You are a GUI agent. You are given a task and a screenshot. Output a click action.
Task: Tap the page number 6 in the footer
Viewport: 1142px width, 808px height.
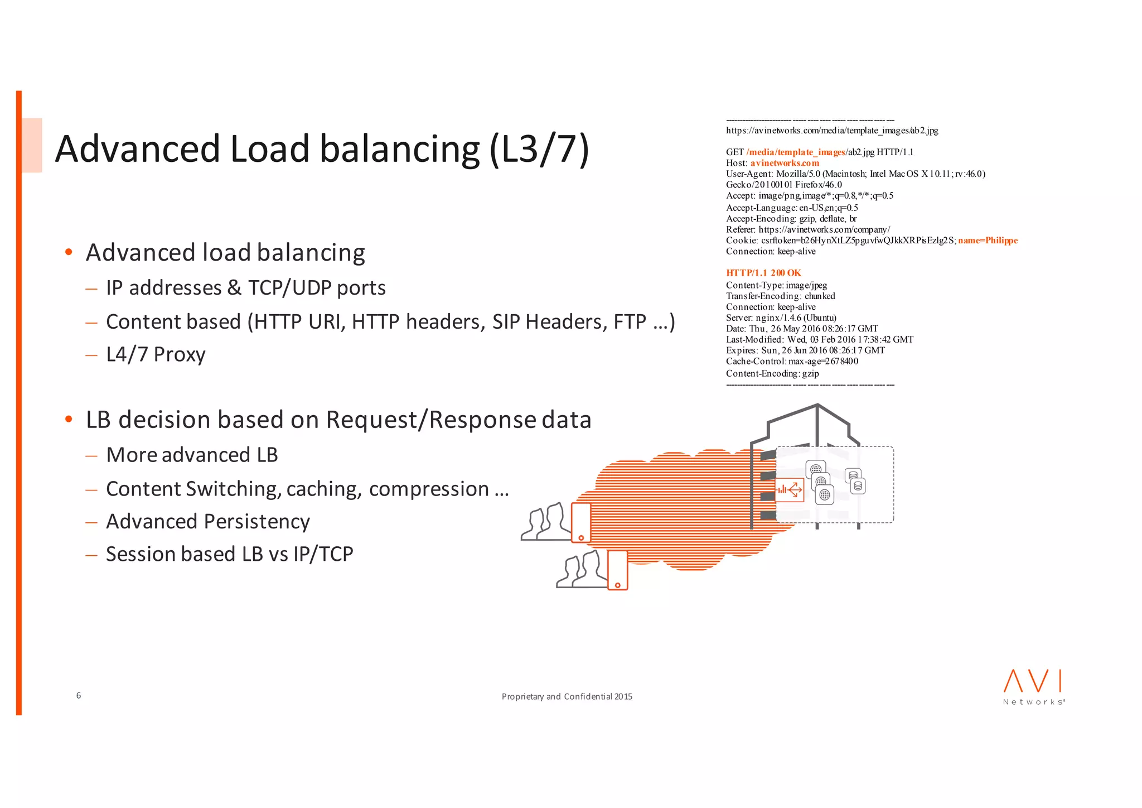(79, 695)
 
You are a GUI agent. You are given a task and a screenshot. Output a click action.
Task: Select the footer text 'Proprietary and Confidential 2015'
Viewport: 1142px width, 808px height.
(567, 696)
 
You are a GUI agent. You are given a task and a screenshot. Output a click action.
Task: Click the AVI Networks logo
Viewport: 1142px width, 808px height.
(1033, 687)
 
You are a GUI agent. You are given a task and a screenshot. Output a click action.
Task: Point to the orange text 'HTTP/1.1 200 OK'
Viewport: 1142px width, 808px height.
(763, 273)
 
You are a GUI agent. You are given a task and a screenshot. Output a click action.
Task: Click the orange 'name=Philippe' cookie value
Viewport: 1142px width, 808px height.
(988, 241)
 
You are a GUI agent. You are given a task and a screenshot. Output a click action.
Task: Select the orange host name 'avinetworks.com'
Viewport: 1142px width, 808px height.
(785, 163)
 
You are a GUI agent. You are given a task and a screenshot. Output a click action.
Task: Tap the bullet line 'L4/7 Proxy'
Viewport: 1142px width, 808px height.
(156, 354)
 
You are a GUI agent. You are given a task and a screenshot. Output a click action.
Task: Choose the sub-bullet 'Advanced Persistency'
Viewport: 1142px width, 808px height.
(207, 521)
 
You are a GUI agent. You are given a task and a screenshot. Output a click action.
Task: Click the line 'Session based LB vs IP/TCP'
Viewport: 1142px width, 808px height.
(229, 554)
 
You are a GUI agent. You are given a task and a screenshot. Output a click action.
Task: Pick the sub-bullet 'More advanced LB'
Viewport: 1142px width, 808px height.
(192, 455)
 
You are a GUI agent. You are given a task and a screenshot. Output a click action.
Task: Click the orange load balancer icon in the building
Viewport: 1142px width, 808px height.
(790, 490)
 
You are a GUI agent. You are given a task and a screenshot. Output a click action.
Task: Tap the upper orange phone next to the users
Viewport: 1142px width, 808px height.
(581, 522)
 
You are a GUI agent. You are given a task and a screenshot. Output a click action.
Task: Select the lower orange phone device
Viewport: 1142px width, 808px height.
(617, 570)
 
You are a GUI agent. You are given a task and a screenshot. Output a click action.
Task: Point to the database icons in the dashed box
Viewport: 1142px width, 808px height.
(855, 481)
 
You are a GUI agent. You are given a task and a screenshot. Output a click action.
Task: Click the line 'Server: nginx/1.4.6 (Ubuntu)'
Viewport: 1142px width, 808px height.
(781, 318)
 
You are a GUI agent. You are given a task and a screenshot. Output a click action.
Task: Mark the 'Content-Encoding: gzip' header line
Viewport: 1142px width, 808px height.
(772, 373)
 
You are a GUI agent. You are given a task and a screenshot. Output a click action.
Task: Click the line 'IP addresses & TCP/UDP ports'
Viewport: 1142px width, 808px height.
(245, 288)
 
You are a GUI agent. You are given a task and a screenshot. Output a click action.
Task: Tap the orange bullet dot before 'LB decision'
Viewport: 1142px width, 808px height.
(69, 419)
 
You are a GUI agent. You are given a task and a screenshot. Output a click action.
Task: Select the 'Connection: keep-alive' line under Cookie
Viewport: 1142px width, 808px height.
(771, 251)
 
